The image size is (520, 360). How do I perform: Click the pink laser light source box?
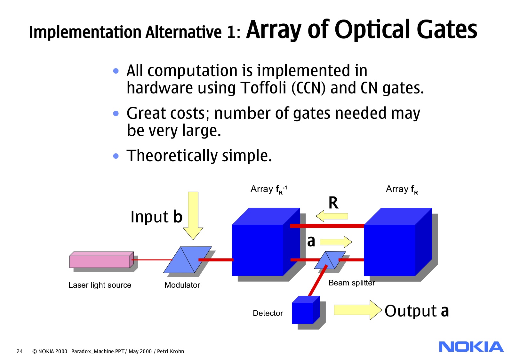[102, 260]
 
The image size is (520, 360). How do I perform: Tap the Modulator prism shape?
[188, 260]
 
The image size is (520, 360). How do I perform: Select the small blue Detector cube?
[306, 310]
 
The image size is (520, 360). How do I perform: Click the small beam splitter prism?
[330, 260]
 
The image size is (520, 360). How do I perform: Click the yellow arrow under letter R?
[332, 216]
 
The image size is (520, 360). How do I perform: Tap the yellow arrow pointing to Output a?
[358, 310]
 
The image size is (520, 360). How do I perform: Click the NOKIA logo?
[471, 347]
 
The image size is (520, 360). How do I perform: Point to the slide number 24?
[20, 351]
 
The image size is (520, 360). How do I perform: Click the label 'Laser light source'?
[100, 285]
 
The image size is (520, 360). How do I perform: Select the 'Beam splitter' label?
[352, 283]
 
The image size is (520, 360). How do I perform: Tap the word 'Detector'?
[268, 313]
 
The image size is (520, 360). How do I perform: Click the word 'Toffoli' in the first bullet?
[263, 88]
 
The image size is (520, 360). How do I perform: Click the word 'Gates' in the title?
[447, 29]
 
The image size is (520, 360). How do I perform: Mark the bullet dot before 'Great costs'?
[116, 113]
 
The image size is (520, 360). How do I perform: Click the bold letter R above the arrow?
[333, 203]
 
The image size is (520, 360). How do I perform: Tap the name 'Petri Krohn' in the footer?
[170, 351]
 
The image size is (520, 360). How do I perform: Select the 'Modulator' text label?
[182, 285]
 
